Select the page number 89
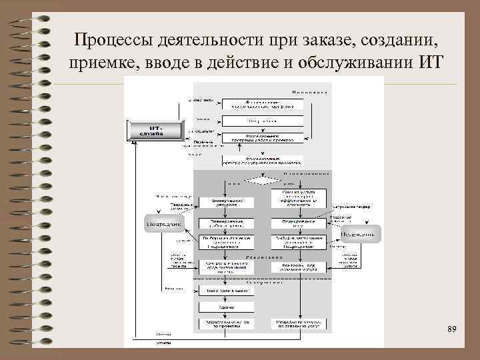[x=451, y=330]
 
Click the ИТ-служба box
[x=155, y=130]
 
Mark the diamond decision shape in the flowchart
[x=262, y=179]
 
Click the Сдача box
[x=225, y=307]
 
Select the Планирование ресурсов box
[x=225, y=202]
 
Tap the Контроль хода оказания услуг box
[x=299, y=267]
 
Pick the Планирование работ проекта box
[x=225, y=223]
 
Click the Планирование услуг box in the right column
[x=299, y=223]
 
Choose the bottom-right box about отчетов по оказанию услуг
[x=299, y=323]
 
